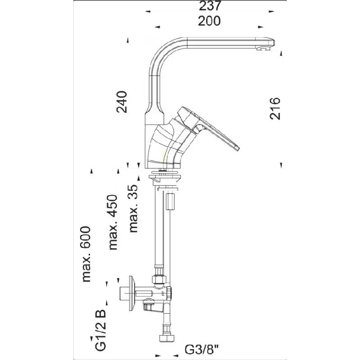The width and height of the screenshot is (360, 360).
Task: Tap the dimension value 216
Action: coord(275,108)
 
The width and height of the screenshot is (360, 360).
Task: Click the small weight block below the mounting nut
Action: coord(171,201)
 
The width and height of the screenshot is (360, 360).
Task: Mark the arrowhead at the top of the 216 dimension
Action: coord(282,54)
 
